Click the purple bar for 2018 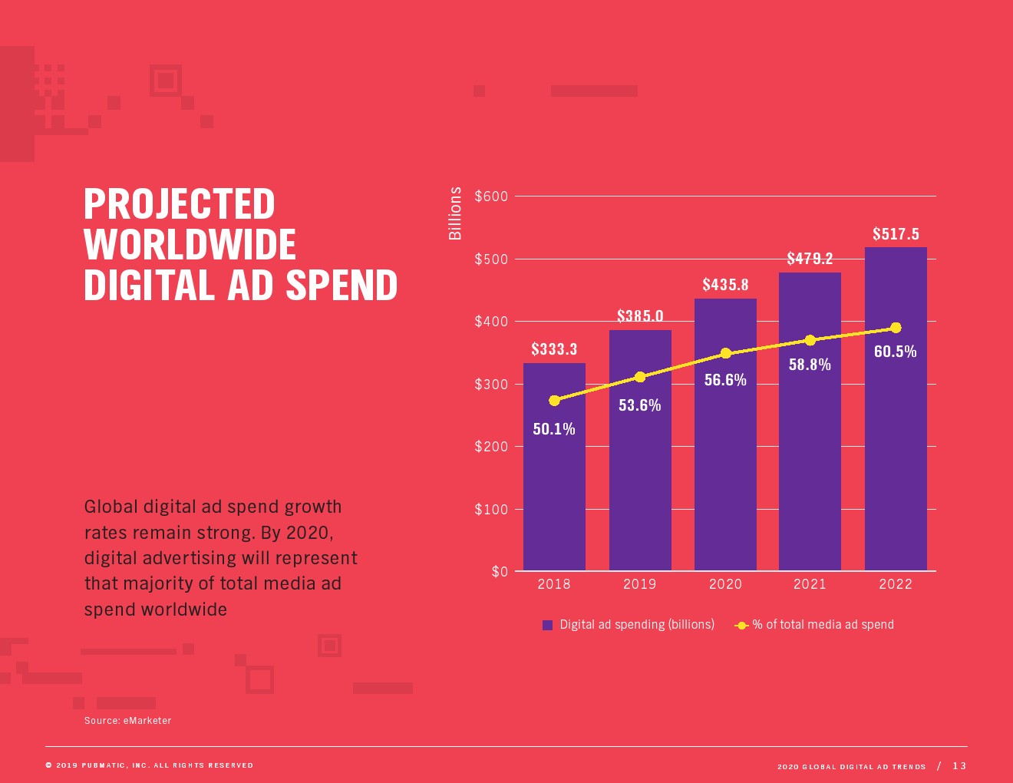click(x=554, y=491)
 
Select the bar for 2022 click(x=896, y=461)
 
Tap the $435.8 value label click(x=725, y=285)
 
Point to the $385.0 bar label click(x=640, y=316)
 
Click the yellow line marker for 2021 click(x=810, y=340)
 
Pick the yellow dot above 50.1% click(x=554, y=401)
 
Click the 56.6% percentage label click(x=725, y=380)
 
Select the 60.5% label click(x=896, y=352)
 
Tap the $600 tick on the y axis click(x=491, y=197)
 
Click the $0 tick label click(x=500, y=572)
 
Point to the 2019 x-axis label click(x=640, y=584)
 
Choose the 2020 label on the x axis click(x=725, y=584)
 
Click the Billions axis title click(x=455, y=213)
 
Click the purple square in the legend click(x=547, y=625)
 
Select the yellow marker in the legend click(x=741, y=626)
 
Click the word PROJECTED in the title click(x=180, y=205)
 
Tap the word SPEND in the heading click(x=342, y=286)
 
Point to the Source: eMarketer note click(x=128, y=721)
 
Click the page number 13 click(x=959, y=766)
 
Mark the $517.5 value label click(x=896, y=234)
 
